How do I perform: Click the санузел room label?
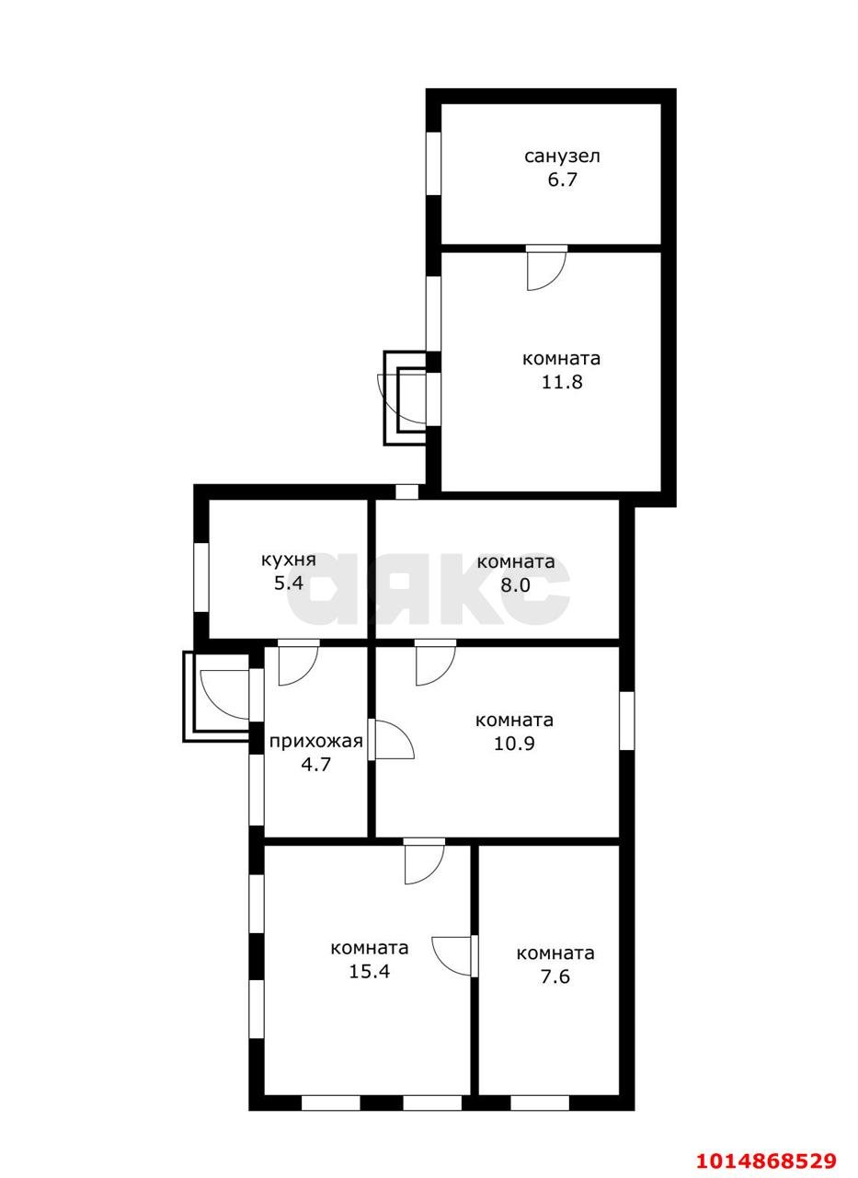pos(562,156)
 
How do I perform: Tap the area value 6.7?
pos(562,179)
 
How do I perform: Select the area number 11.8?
pos(562,382)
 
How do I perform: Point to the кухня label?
pos(289,560)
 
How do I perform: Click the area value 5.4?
pos(289,583)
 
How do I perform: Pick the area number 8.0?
pos(515,584)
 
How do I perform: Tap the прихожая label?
pos(316,742)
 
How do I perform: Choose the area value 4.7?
pos(315,764)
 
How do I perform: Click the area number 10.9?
pos(514,744)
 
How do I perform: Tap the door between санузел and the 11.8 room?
pos(546,267)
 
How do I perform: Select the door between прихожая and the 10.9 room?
pos(391,739)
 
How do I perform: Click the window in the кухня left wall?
pos(201,577)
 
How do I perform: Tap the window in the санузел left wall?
pos(433,164)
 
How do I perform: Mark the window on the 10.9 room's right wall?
pos(627,721)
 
